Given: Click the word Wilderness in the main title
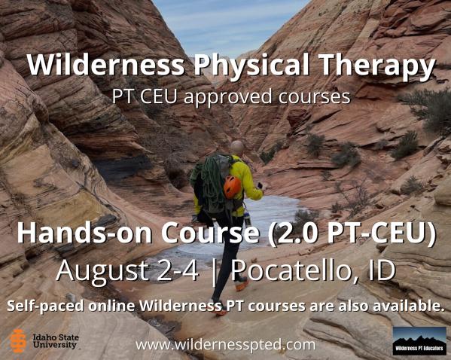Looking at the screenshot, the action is click(x=105, y=64).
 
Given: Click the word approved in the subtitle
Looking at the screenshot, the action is click(x=227, y=96).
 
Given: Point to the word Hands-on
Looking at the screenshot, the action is click(x=84, y=233).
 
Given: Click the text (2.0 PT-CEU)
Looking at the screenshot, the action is click(x=352, y=233).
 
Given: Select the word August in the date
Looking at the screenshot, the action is click(x=104, y=271).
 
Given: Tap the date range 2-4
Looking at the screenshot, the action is click(x=178, y=270).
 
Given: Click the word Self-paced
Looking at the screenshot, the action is click(x=46, y=306).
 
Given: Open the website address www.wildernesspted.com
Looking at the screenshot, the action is click(x=226, y=344).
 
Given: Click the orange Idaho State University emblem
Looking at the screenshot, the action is click(x=18, y=341).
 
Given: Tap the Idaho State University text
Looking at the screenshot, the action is click(x=56, y=341).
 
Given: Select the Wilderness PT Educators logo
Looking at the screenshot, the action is click(x=419, y=340).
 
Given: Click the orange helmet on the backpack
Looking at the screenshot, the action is click(x=232, y=187).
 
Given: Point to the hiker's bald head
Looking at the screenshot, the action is click(x=237, y=147).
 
